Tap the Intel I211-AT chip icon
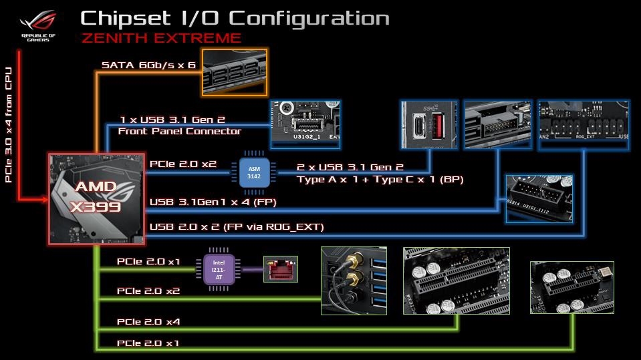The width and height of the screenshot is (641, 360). [x=217, y=270]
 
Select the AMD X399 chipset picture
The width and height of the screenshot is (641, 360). [x=96, y=198]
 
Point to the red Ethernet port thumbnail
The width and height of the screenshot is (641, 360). [x=280, y=270]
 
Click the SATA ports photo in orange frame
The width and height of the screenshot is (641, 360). [x=234, y=71]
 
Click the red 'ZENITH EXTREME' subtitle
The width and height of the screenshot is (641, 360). [x=161, y=37]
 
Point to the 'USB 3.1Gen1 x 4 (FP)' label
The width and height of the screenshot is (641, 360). [x=213, y=202]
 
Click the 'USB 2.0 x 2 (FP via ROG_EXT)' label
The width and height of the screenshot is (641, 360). [x=237, y=227]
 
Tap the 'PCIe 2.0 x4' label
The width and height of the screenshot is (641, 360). [x=148, y=321]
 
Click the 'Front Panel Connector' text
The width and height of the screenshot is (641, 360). [x=179, y=131]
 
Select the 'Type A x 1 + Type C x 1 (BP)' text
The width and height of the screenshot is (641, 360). [x=380, y=180]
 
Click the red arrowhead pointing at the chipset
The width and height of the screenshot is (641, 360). [x=42, y=198]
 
